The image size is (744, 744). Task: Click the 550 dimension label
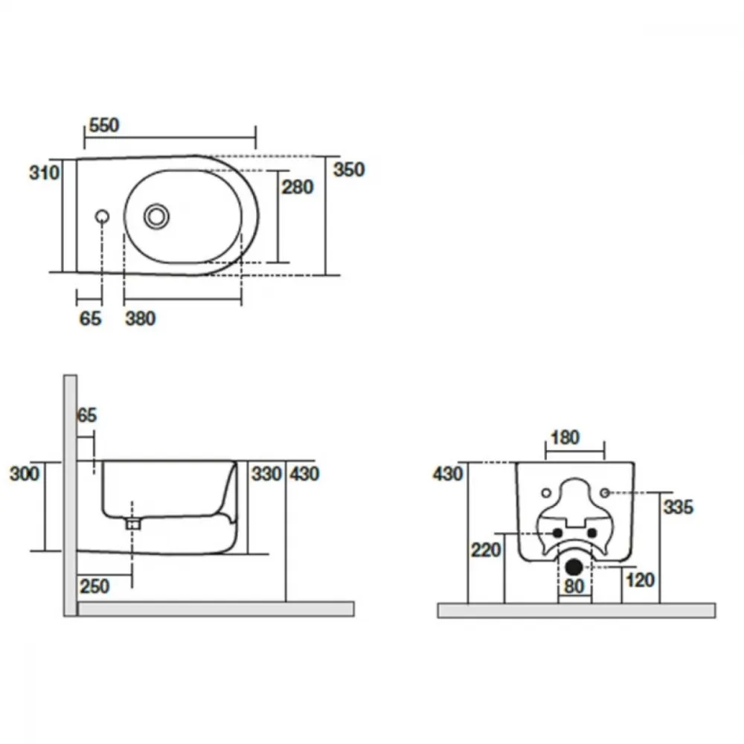(104, 125)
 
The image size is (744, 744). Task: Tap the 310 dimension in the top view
(44, 173)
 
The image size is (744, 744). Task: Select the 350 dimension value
(349, 170)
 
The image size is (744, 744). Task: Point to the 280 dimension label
(298, 187)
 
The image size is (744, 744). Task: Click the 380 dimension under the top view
(141, 318)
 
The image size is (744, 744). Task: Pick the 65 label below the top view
(90, 318)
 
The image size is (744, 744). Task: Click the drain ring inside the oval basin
(156, 217)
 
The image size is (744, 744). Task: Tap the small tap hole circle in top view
(102, 217)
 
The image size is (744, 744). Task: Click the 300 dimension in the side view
(25, 473)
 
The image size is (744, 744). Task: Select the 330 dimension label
(266, 473)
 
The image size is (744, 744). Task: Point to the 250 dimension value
(94, 586)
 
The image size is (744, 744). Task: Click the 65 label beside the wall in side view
(87, 415)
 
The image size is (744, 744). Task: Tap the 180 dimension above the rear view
(565, 437)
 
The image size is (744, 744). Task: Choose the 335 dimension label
(679, 507)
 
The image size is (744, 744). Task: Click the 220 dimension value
(486, 550)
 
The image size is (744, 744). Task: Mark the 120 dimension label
(640, 580)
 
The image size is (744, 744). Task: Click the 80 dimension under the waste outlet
(574, 586)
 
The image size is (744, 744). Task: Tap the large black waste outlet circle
(574, 566)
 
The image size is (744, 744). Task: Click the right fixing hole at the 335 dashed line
(604, 493)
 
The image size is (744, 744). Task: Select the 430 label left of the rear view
(447, 473)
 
